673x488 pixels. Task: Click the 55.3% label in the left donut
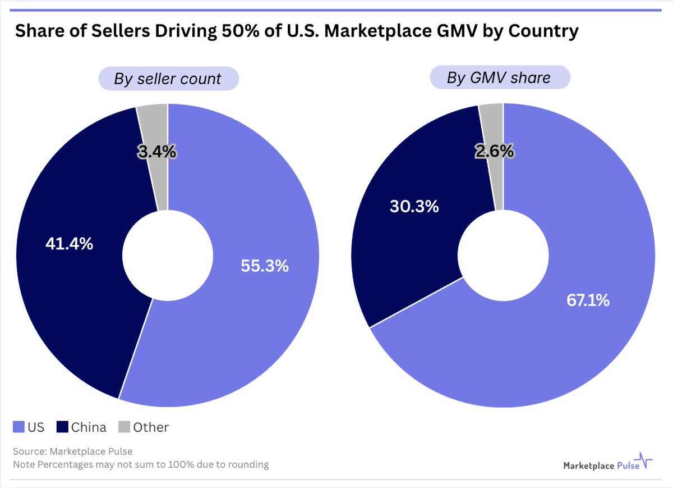coord(265,266)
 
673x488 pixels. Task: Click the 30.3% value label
coord(414,206)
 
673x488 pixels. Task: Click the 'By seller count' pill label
coord(168,79)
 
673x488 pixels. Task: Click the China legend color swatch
coord(63,428)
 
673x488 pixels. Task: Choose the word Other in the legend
coord(151,427)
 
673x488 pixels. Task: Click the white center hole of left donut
coord(167,256)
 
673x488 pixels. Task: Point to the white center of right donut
coord(503,255)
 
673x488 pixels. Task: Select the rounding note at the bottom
coord(141,464)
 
